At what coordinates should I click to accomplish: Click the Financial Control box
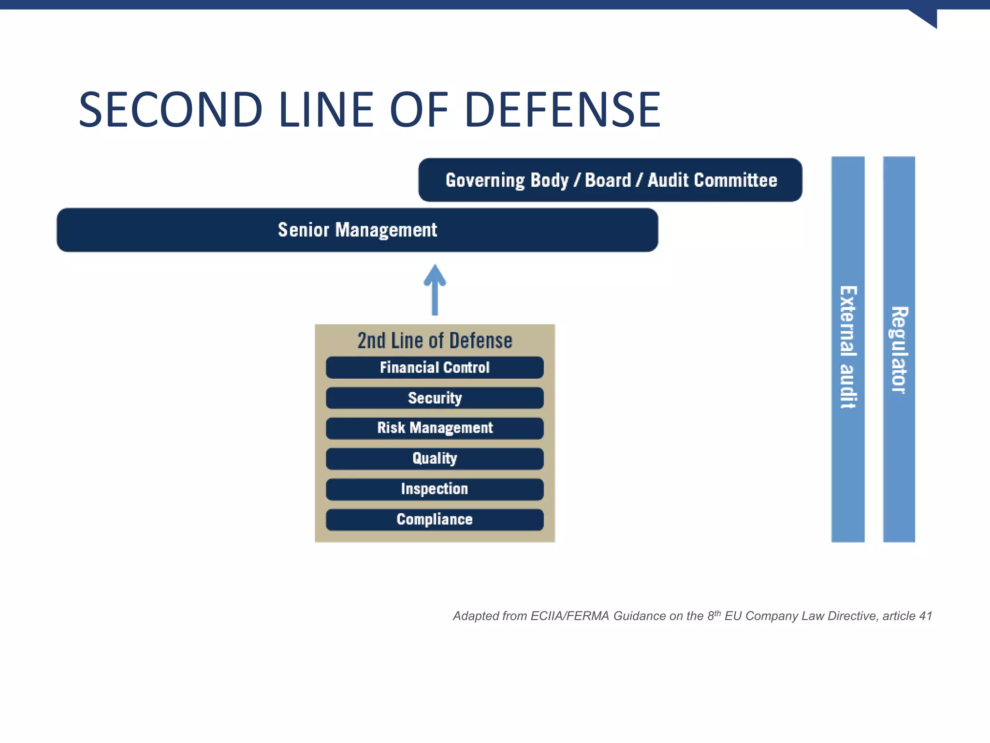(435, 368)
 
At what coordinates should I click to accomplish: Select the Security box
(435, 398)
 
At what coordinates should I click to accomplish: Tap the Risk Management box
(435, 428)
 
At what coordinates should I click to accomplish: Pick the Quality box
(435, 459)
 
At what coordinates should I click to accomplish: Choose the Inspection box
(435, 489)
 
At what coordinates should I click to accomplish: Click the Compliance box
(435, 520)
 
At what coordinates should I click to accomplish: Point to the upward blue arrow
(435, 290)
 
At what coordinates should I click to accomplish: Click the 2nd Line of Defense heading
(435, 341)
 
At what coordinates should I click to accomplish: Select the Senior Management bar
(357, 230)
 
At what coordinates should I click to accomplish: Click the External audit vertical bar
(848, 348)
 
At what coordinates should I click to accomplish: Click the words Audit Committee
(712, 180)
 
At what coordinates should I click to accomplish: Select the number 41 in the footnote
(925, 616)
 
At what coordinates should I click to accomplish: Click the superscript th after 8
(717, 613)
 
